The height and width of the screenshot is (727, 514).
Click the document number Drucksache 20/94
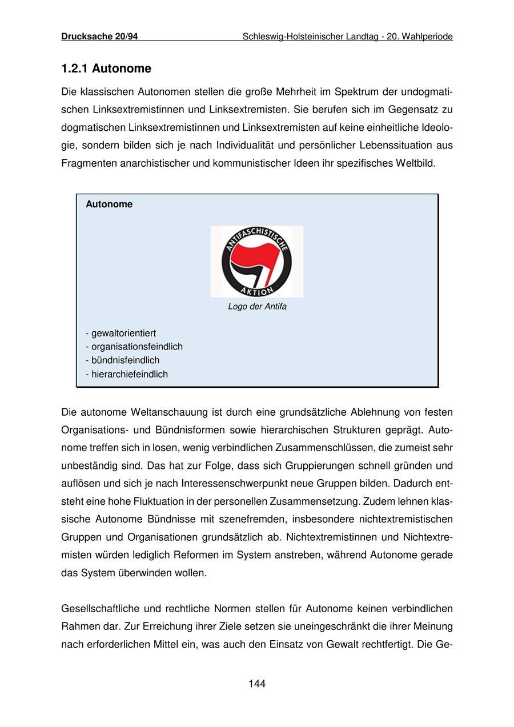(99, 37)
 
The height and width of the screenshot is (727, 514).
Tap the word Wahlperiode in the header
(428, 37)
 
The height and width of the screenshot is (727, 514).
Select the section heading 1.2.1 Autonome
(106, 69)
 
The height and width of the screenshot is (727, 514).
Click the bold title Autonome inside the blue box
(109, 204)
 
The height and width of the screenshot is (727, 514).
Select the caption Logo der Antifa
(257, 307)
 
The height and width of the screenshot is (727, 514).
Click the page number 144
(257, 684)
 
